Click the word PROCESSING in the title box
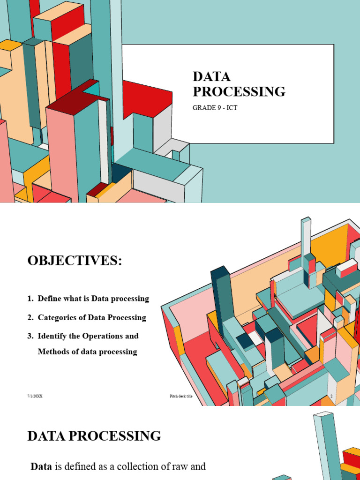click(239, 91)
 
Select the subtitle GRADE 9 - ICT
click(215, 108)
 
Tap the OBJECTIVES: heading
click(75, 261)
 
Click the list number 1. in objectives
click(30, 299)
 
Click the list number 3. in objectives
click(30, 337)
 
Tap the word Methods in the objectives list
click(53, 352)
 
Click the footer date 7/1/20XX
click(35, 396)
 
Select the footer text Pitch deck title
click(181, 396)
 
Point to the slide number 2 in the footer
click(331, 396)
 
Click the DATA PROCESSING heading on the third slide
click(94, 436)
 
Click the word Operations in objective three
click(102, 337)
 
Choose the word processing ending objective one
click(131, 299)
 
